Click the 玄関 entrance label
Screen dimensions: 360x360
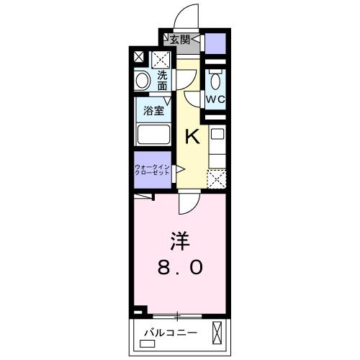coord(180,40)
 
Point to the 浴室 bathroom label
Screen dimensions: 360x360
coord(152,112)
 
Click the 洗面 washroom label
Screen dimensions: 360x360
coord(163,80)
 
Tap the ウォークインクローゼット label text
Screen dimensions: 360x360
coord(151,171)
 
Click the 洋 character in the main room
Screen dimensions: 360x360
coord(180,240)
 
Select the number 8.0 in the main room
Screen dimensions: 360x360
coord(180,268)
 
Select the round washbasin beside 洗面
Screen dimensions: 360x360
coord(143,81)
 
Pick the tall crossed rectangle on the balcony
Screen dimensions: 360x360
coord(217,333)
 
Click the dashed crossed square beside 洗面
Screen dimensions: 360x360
coord(160,58)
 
